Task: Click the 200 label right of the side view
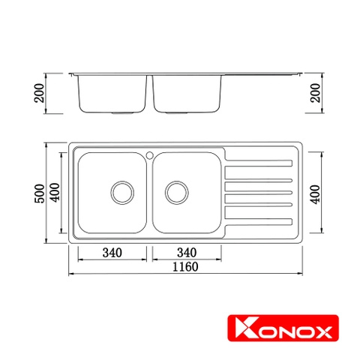coord(316,92)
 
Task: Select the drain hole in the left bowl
coord(120,192)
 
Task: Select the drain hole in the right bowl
coord(176,192)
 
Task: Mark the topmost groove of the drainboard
coord(258,161)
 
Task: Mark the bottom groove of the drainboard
coord(258,222)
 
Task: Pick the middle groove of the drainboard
coord(258,191)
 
